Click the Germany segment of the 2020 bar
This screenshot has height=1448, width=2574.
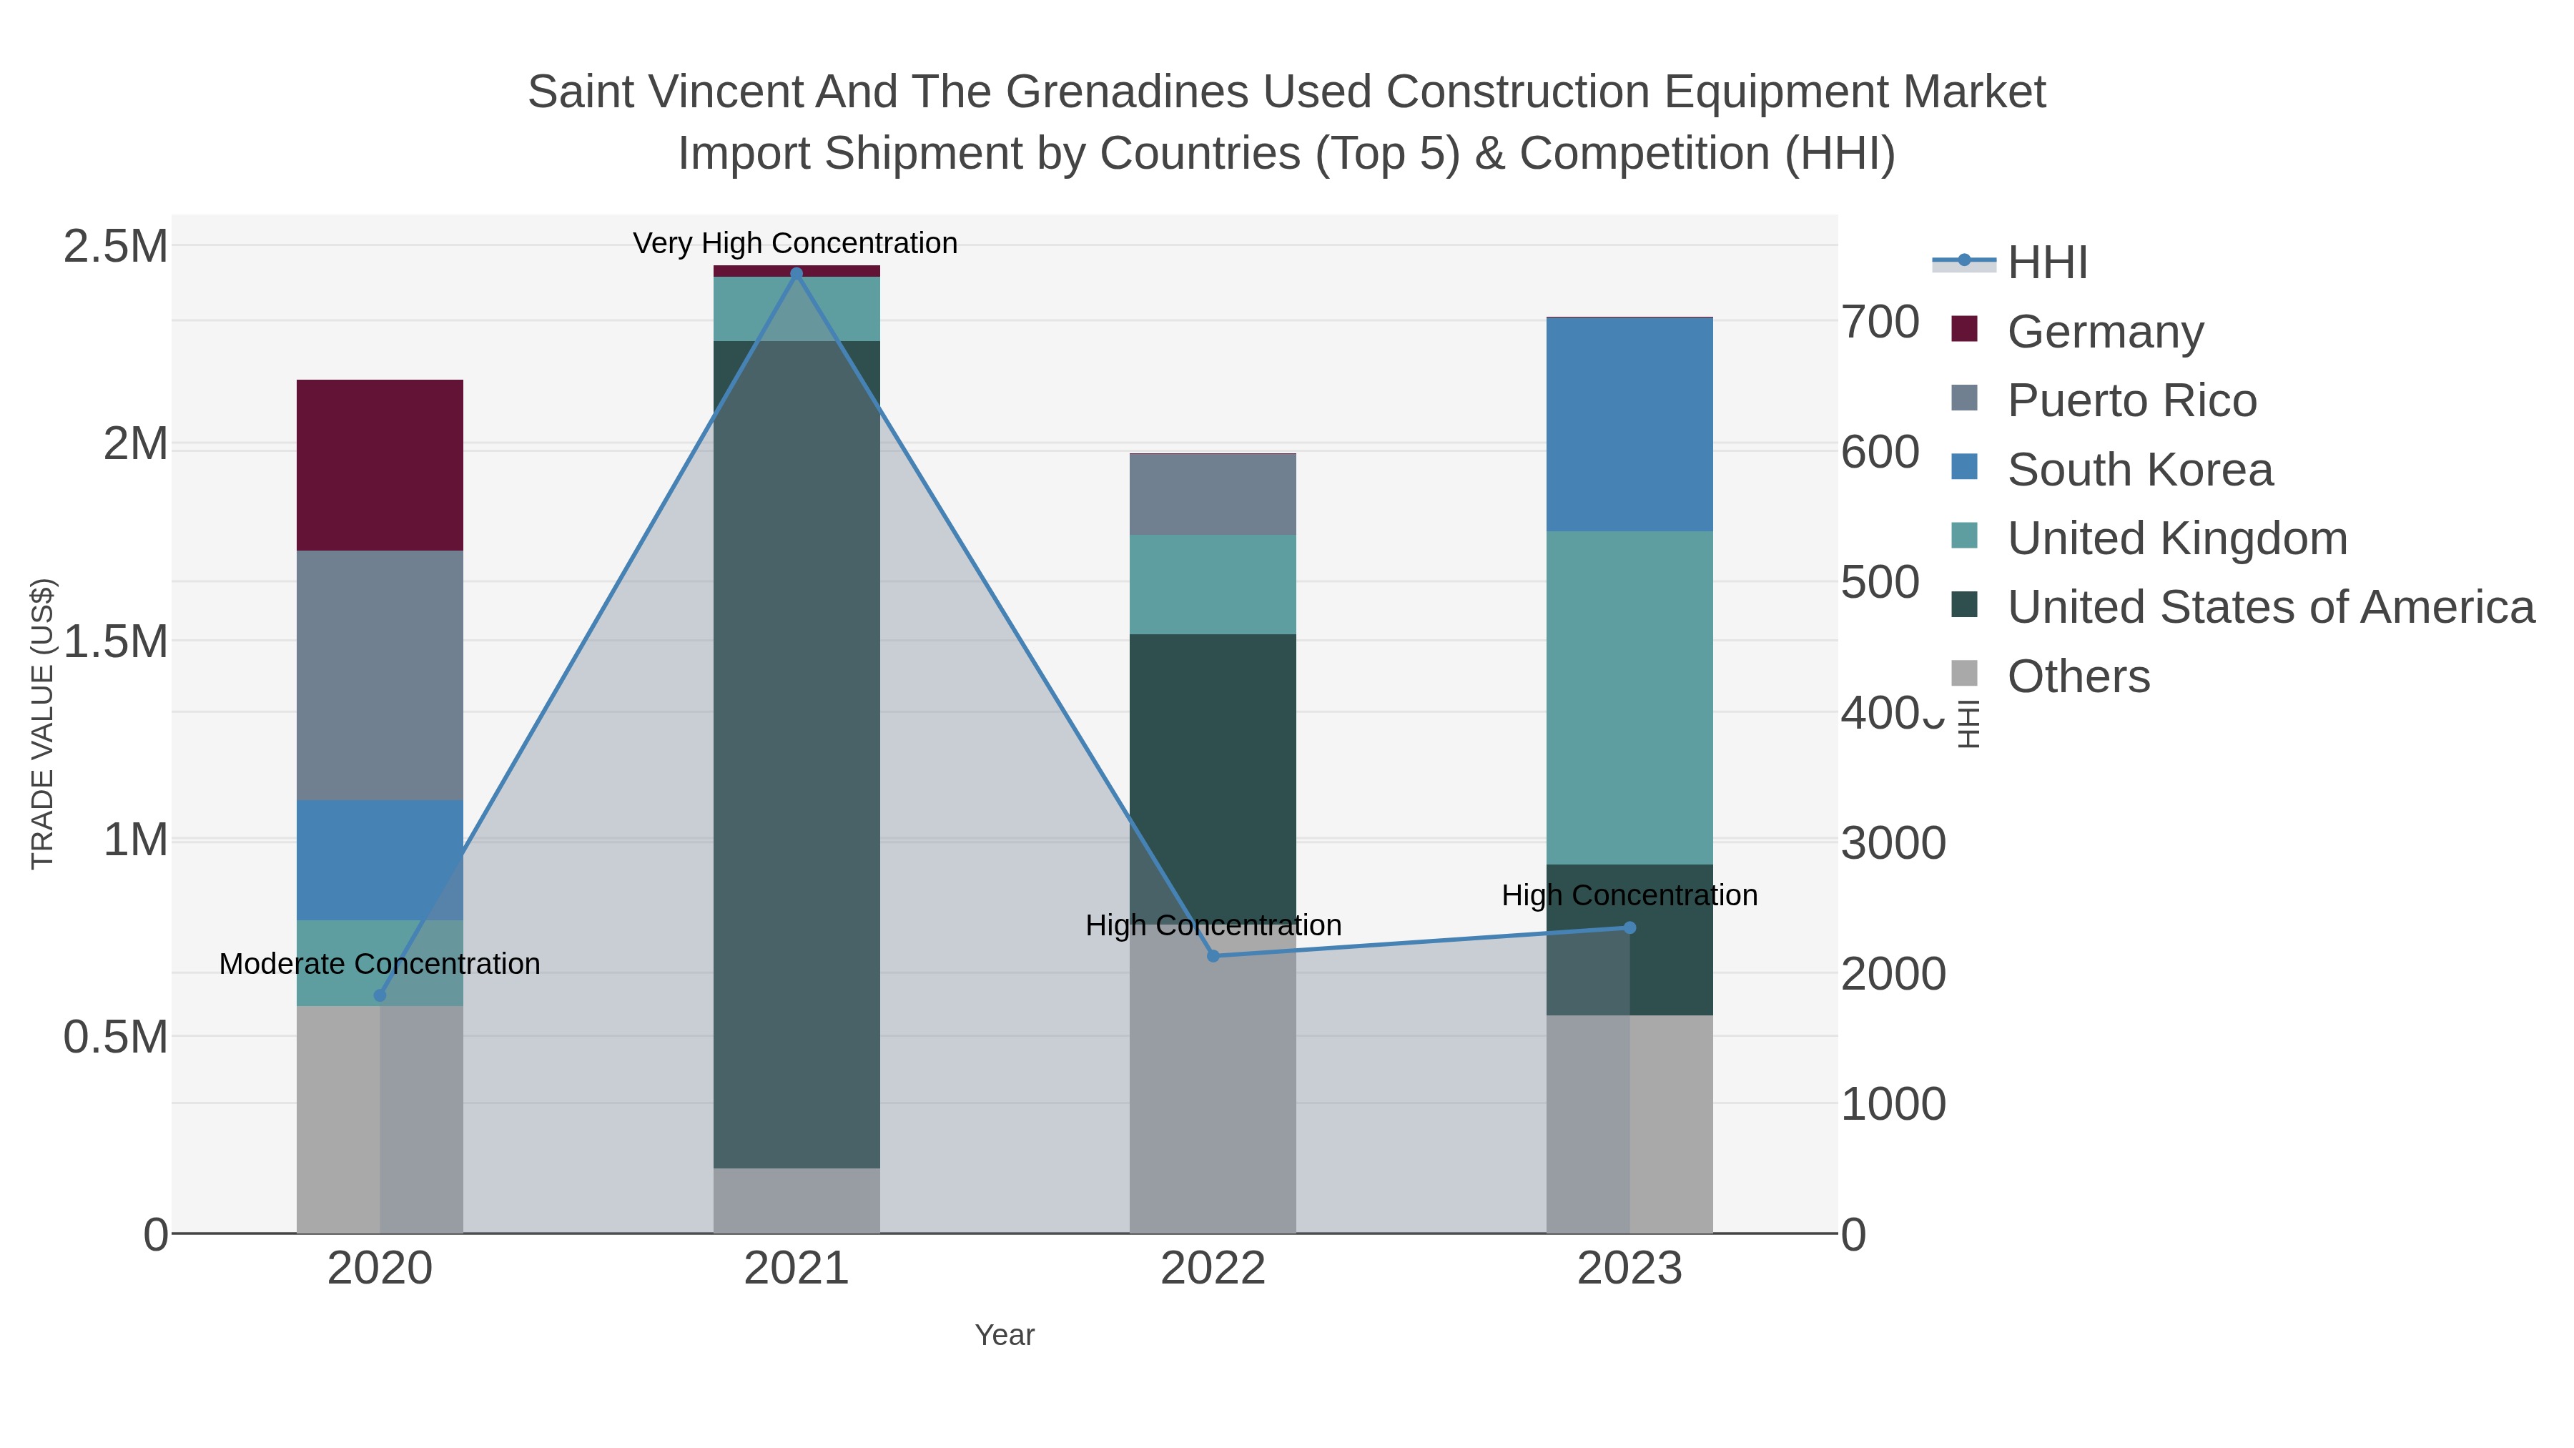pos(380,465)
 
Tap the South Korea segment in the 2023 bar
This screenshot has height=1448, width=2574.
pos(1629,425)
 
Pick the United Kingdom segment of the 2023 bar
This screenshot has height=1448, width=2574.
pos(1629,697)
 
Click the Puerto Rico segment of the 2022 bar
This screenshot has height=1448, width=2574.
pos(1212,495)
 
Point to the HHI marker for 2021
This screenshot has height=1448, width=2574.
pos(797,273)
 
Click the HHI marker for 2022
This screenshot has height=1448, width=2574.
pos(1213,956)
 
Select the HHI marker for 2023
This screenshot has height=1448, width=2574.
pos(1629,927)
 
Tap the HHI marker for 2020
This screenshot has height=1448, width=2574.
pos(380,995)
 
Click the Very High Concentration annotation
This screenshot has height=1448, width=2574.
pos(795,243)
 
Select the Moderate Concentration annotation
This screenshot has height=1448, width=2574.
pos(380,965)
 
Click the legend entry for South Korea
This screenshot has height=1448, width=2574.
pos(2139,470)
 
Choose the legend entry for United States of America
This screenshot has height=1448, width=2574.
pos(2270,608)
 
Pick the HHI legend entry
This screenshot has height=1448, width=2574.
pos(2046,263)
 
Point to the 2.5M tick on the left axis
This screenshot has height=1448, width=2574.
pos(115,247)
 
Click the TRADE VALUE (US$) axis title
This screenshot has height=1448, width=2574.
pos(42,724)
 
